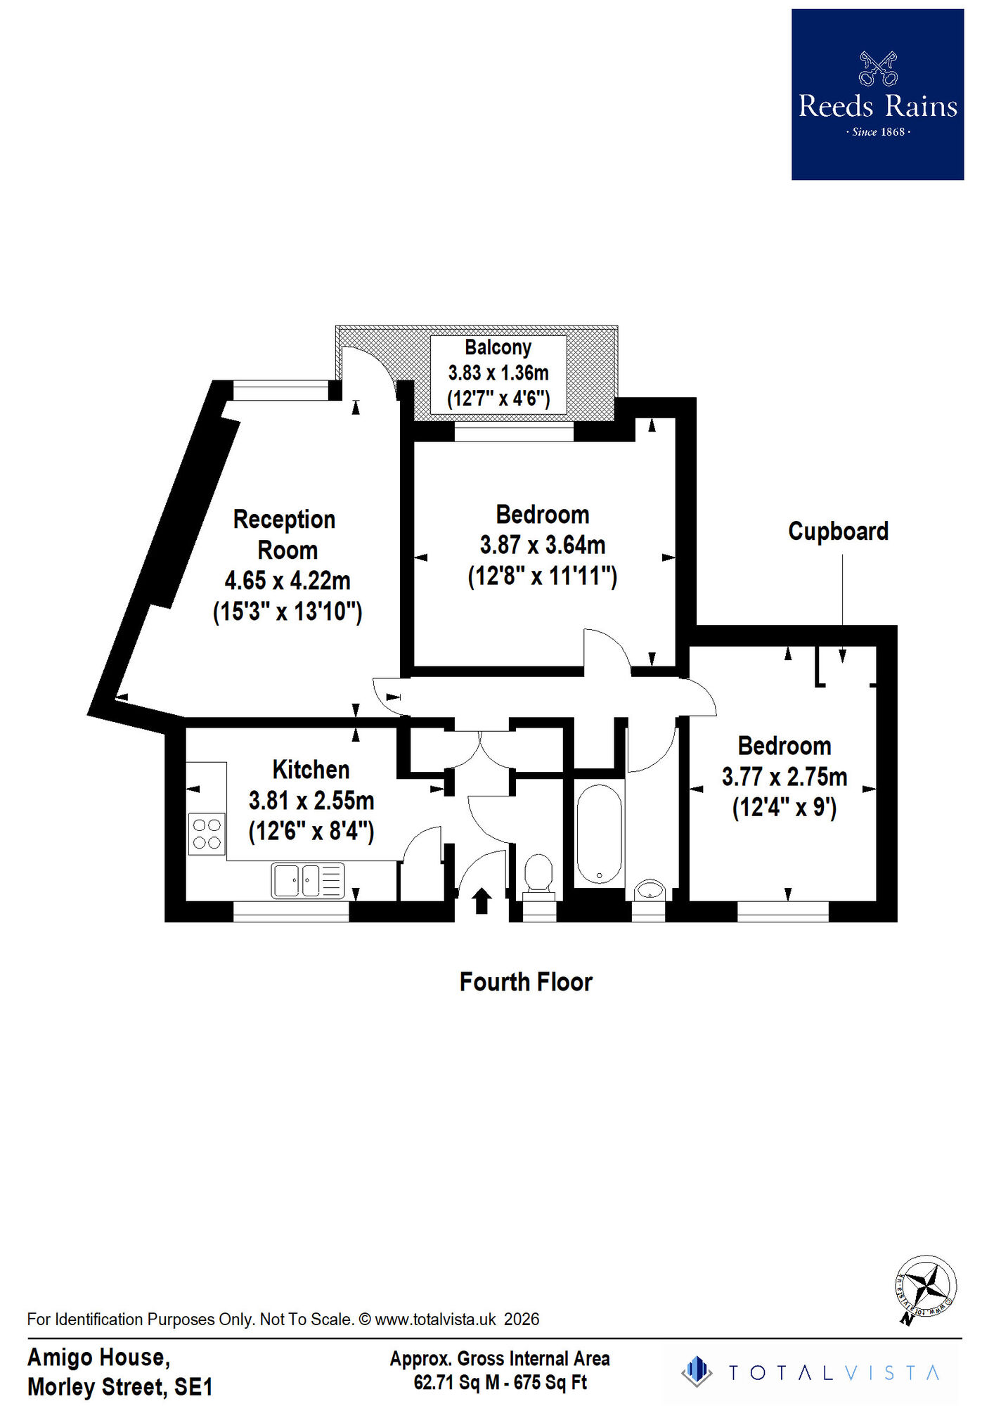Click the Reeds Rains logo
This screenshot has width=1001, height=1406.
point(877,94)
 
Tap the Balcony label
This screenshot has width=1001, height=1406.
point(498,347)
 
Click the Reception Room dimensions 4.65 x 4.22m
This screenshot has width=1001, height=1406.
point(287,581)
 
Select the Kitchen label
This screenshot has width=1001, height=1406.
point(311,770)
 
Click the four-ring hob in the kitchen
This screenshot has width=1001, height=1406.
point(207,834)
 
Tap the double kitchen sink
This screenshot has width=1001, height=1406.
point(308,880)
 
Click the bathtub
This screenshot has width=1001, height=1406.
point(599,834)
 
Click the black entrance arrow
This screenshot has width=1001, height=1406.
point(482,901)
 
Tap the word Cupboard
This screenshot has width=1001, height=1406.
point(838,531)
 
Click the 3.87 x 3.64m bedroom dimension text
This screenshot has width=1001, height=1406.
point(542,545)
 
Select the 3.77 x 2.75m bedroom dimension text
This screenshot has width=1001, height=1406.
point(784,777)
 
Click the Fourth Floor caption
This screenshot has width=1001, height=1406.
point(526,982)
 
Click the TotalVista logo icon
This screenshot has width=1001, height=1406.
point(697,1372)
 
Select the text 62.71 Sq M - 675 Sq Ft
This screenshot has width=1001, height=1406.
point(500,1383)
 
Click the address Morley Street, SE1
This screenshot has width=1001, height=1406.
point(120,1387)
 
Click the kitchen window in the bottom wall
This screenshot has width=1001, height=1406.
point(291,911)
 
